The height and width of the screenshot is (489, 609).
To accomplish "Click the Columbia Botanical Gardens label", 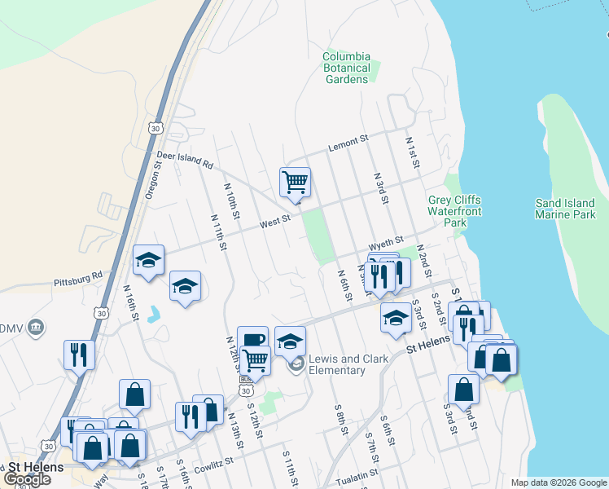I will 347,68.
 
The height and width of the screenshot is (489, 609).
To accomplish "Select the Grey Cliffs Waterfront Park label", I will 454,211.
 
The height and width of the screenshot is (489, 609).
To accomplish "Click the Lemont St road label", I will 348,144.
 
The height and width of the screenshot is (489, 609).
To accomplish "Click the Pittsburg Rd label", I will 78,279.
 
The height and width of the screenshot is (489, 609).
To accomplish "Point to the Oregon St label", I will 153,178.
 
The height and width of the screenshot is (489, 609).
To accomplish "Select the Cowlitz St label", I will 214,460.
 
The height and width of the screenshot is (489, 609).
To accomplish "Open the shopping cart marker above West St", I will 294,182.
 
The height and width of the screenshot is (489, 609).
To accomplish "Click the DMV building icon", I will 36,328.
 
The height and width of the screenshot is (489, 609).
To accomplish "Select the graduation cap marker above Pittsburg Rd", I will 148,259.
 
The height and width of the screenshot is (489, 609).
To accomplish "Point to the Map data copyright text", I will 558,482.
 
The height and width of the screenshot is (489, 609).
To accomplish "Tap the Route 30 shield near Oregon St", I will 156,128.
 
